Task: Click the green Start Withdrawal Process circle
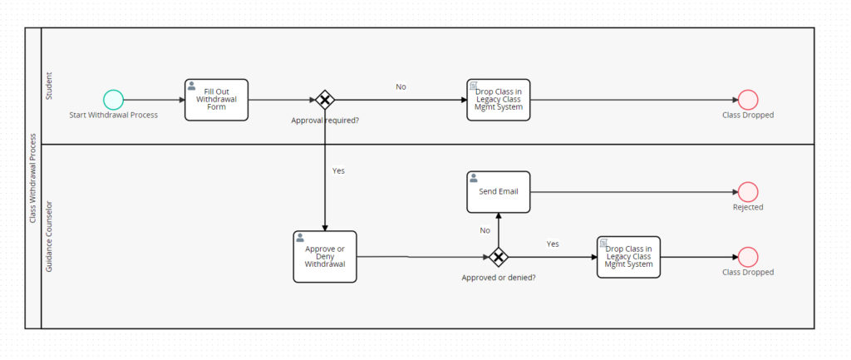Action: [x=114, y=100]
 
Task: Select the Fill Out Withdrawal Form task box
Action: [x=216, y=100]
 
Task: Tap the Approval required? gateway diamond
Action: [x=324, y=100]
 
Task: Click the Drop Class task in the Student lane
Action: [x=498, y=100]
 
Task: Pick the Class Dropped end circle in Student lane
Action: [x=748, y=100]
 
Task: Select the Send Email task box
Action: [x=498, y=191]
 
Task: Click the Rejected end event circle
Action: [x=748, y=191]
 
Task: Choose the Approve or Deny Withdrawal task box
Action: [x=324, y=256]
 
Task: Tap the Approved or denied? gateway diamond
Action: [x=498, y=257]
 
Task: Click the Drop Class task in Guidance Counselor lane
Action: [x=628, y=257]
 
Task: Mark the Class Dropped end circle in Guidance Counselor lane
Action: [x=748, y=257]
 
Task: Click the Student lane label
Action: [x=49, y=85]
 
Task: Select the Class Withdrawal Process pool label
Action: [x=32, y=178]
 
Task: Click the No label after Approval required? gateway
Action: [x=401, y=86]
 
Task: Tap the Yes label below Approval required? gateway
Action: [x=338, y=170]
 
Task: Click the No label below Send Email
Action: [x=485, y=230]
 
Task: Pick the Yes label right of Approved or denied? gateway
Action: [x=553, y=244]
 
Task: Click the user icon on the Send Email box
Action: [x=474, y=177]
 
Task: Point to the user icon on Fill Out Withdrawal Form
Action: [x=192, y=86]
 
